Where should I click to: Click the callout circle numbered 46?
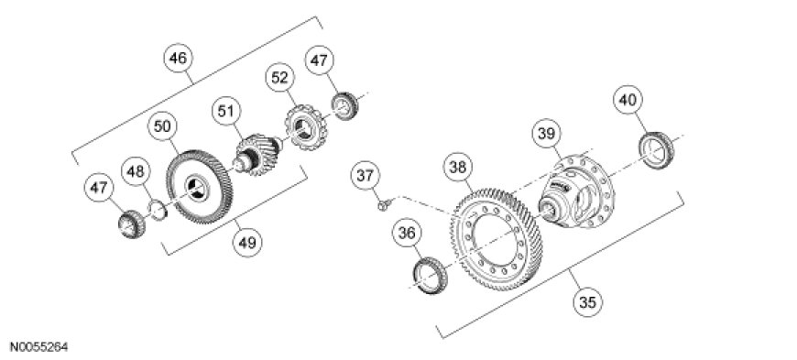click(179, 59)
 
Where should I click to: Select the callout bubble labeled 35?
click(587, 302)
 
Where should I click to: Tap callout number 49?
click(247, 242)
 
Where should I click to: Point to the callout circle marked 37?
click(365, 176)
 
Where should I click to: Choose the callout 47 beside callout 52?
click(319, 61)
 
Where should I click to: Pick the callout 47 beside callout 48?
click(99, 188)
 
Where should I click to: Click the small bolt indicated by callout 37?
click(383, 204)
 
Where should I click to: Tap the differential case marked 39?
click(576, 191)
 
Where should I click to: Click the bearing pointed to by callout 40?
click(656, 150)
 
